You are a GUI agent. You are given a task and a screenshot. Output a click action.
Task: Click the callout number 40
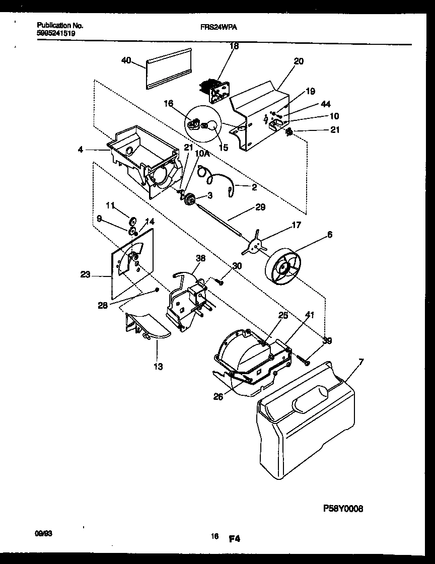[x=126, y=60]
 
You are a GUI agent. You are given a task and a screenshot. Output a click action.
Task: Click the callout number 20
[x=299, y=61]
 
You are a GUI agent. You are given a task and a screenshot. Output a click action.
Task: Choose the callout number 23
[x=85, y=275]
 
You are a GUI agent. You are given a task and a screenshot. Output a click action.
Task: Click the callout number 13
[x=158, y=367]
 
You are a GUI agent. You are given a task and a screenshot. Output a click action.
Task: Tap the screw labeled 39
[x=304, y=360]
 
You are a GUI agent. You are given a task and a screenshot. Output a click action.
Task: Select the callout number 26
[x=217, y=397]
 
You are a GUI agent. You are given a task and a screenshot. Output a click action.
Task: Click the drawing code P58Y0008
[x=342, y=509]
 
